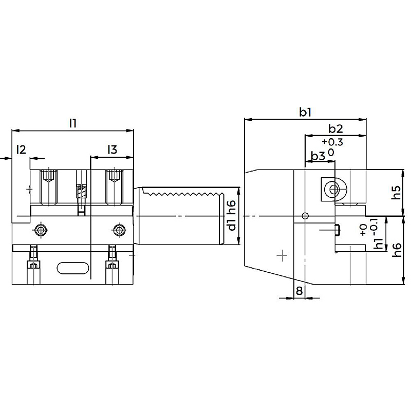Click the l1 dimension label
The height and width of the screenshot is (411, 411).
point(72,123)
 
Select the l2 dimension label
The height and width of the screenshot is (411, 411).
point(21,150)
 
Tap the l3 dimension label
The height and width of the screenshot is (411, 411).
point(112,150)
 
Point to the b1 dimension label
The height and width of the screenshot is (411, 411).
point(305,113)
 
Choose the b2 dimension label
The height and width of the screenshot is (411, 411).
point(335,129)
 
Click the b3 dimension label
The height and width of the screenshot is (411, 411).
point(318,156)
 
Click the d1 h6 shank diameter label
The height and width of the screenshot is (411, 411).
point(232,215)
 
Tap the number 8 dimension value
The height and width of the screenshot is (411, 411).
point(299,291)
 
